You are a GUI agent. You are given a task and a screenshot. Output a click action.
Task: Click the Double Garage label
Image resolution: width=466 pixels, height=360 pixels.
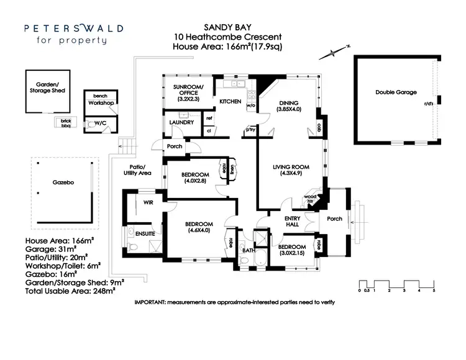tap(394, 92)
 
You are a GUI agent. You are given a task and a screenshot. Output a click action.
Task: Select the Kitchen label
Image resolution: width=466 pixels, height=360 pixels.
tap(226, 101)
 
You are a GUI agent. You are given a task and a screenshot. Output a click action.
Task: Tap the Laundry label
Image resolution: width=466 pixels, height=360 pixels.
tap(182, 122)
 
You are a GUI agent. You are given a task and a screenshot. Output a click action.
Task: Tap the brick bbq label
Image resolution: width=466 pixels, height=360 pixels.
tap(63, 122)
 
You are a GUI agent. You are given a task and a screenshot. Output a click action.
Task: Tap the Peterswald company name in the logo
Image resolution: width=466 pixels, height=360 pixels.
tap(73, 28)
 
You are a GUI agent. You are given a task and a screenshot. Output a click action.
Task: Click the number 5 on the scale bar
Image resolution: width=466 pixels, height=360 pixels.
tap(434, 290)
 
